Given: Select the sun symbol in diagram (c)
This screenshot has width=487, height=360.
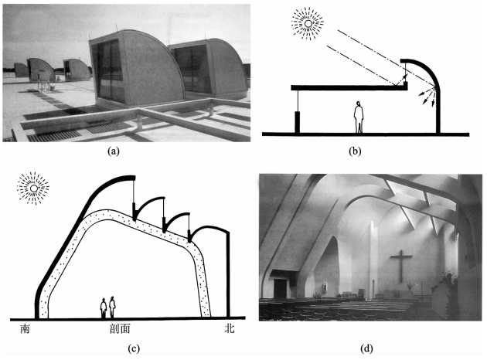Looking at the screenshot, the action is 33,188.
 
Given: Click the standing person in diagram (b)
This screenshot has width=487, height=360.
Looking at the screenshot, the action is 359,117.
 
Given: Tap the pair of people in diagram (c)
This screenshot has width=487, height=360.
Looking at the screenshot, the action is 108,307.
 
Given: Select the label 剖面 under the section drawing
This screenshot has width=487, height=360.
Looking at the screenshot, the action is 121,328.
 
